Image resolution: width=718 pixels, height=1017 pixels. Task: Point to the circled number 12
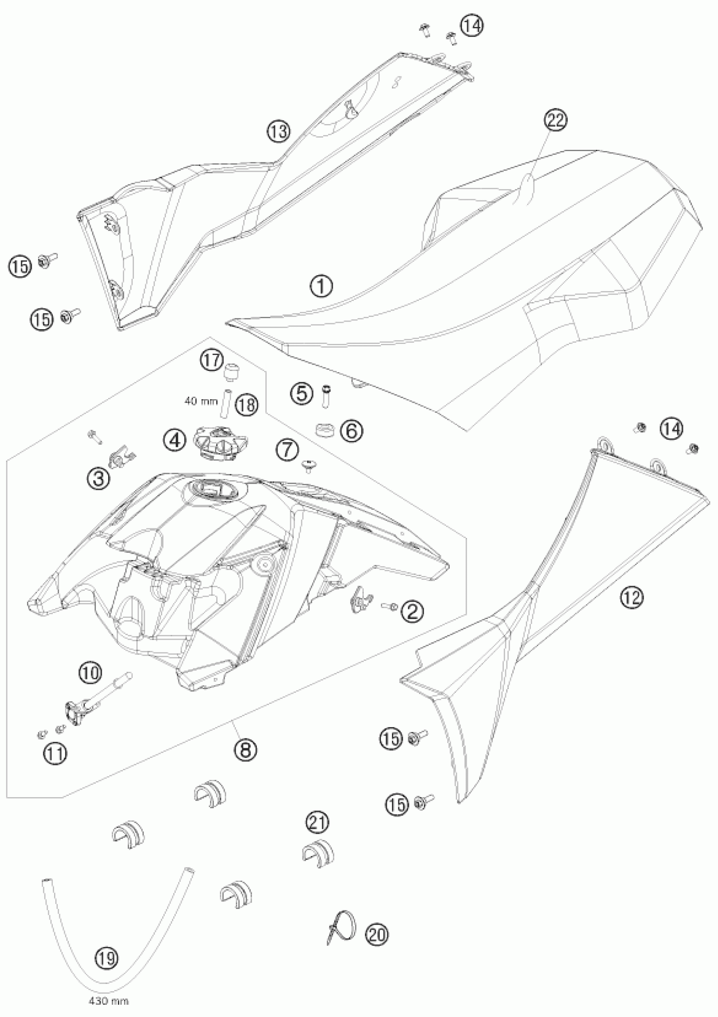coord(631,598)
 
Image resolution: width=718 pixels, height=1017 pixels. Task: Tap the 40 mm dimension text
coord(201,401)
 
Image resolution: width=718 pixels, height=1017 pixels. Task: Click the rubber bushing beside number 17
coord(230,371)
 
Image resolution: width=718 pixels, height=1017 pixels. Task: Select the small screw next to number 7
coord(307,465)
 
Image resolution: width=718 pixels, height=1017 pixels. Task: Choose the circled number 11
coord(55,753)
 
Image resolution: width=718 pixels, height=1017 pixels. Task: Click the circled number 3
coord(98,478)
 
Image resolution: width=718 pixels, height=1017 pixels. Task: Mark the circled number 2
coord(412,612)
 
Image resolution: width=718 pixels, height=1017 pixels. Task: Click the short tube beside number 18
coord(224,403)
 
